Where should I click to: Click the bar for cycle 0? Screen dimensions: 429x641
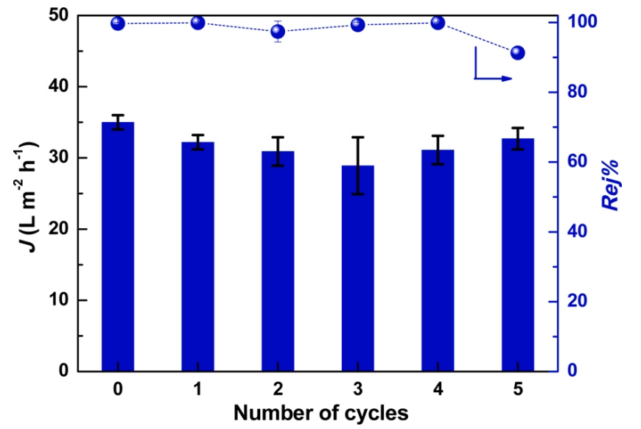tap(118, 247)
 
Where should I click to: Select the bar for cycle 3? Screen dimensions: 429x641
tap(357, 269)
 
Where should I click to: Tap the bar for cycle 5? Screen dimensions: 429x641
tap(517, 255)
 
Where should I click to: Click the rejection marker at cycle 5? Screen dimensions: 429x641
tap(517, 52)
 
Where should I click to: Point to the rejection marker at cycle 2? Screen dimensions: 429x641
tap(278, 32)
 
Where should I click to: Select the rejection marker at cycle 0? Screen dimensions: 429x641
tap(118, 24)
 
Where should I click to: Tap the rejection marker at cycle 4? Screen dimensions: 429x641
tap(438, 23)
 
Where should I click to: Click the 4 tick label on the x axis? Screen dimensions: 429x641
tap(438, 389)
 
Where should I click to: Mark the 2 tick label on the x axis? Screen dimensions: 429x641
tap(278, 389)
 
